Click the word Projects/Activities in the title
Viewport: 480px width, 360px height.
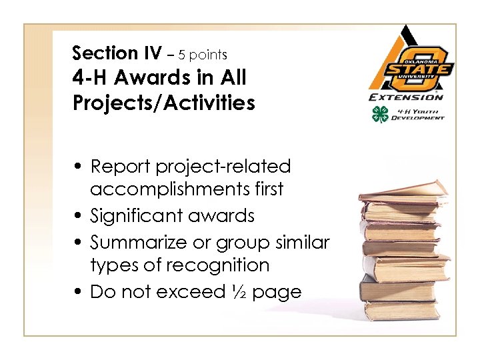coord(163,103)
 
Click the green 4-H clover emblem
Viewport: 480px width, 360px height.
coord(380,114)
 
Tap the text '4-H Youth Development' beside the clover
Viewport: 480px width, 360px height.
coord(418,114)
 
